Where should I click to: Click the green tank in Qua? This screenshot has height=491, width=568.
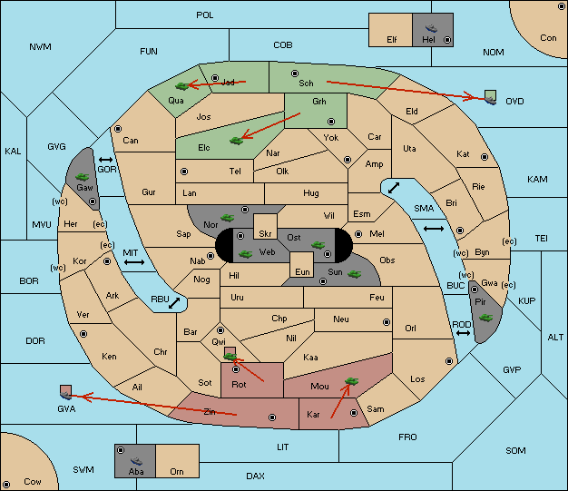[181, 86]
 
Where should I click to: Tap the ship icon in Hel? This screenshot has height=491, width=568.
[431, 28]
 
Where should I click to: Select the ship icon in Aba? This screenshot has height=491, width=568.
[136, 461]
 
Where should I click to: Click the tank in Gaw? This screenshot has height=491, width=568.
[82, 177]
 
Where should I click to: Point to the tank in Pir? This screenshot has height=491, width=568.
[485, 318]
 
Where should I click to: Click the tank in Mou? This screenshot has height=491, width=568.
[351, 381]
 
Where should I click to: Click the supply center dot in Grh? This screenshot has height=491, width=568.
[331, 122]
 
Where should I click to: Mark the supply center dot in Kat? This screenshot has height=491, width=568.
[485, 157]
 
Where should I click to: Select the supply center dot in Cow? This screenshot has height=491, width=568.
[6, 484]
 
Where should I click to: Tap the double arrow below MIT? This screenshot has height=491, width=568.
[134, 262]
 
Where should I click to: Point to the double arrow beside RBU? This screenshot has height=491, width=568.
[174, 303]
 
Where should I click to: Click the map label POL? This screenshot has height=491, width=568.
[205, 15]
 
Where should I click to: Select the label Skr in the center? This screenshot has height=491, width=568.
[265, 234]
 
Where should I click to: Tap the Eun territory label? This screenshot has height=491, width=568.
[302, 271]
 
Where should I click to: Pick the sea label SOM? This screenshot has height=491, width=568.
[515, 450]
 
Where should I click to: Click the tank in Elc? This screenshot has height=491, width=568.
[237, 141]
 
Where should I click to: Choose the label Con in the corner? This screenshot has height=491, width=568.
[548, 38]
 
